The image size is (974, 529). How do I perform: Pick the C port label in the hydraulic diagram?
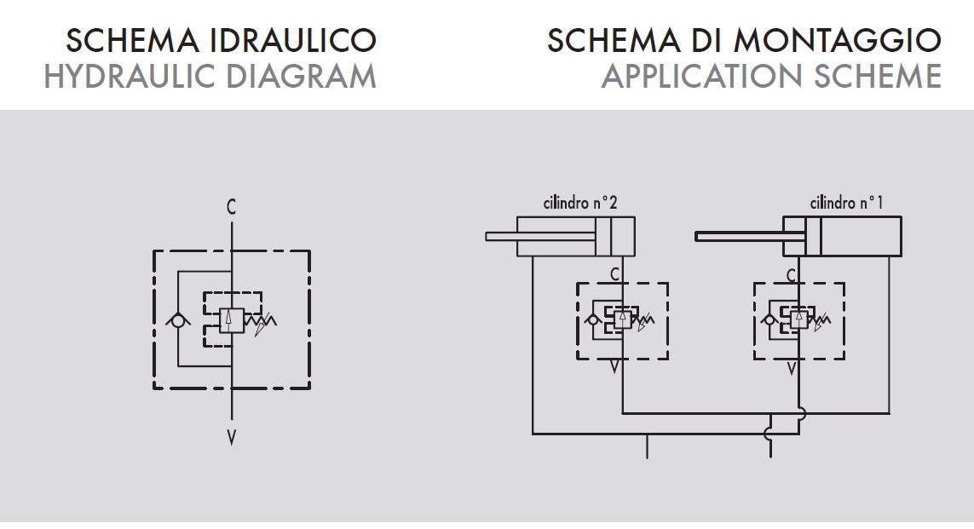232,207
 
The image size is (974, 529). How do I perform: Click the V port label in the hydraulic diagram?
232,438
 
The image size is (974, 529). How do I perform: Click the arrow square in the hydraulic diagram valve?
232,320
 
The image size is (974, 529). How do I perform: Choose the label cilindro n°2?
579,204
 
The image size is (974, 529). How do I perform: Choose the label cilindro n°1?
846,204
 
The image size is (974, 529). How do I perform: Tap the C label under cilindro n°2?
615,274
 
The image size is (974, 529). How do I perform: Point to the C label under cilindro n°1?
792,274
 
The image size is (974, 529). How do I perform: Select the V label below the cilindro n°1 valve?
792,369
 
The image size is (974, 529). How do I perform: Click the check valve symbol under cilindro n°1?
769,320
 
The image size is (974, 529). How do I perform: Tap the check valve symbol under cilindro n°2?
593,320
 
